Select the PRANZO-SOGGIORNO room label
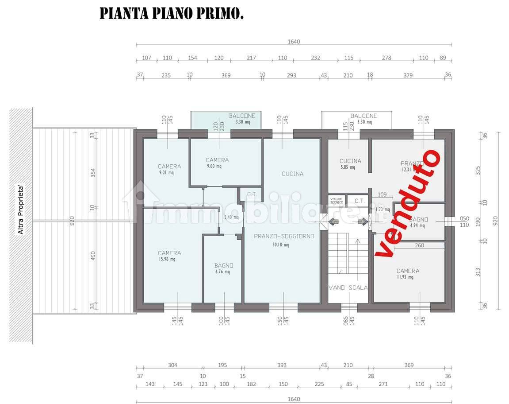click(x=284, y=237)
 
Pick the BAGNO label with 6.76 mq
click(x=224, y=266)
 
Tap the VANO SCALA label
click(x=348, y=287)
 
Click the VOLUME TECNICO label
click(x=337, y=201)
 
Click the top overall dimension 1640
click(x=294, y=42)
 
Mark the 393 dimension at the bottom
click(x=282, y=365)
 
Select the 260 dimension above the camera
click(x=420, y=245)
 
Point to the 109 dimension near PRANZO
click(x=382, y=194)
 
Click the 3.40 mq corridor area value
click(x=231, y=217)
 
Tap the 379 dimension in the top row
click(x=408, y=75)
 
